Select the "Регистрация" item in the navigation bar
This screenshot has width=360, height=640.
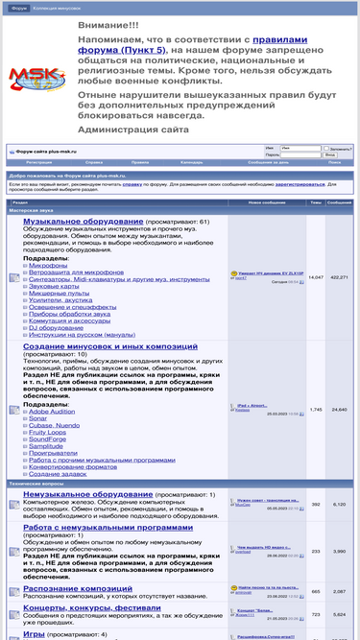39,162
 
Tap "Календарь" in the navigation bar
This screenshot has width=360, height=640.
191,162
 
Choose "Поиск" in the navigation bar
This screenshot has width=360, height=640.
334,162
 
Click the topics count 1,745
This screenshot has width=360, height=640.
316,410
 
